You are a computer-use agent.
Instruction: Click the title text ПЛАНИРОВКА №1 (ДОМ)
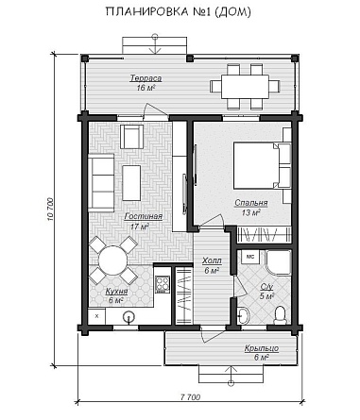tap(179, 11)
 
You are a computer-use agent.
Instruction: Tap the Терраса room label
tap(146, 78)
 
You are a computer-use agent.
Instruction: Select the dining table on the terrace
tap(245, 87)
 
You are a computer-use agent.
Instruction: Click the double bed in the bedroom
tap(262, 166)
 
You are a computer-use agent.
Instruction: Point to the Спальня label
tap(251, 203)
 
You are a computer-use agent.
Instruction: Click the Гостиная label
tap(144, 216)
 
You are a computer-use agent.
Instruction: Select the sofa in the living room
tap(101, 182)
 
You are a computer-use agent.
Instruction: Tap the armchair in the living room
tap(132, 137)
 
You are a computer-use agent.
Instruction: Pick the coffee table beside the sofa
tap(131, 183)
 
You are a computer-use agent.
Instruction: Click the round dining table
tap(112, 260)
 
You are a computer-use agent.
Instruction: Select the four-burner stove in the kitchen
tap(163, 285)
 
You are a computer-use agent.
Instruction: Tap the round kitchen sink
tap(129, 316)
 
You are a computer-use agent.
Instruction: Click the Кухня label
tap(116, 291)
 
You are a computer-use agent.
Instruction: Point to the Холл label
tap(212, 260)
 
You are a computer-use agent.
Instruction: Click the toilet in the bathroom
tap(280, 315)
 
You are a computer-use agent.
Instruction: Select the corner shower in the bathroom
tap(278, 263)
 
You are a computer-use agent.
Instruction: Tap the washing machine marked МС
tap(250, 257)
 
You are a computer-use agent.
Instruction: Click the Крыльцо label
tap(262, 348)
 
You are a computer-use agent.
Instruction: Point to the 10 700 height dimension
tap(51, 210)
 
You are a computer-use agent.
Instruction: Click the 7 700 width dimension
tap(190, 397)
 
